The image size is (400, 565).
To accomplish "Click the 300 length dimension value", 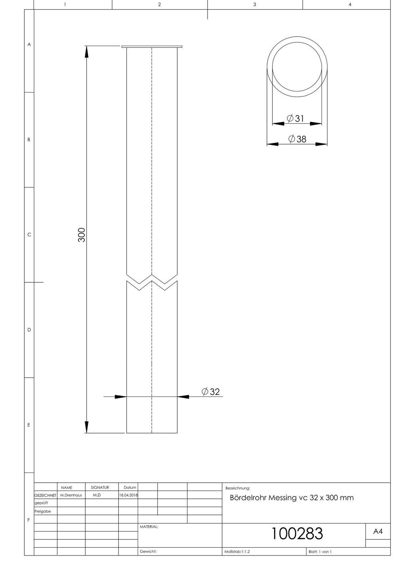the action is pos(82,235).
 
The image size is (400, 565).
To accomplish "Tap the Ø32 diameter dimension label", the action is pos(211,392).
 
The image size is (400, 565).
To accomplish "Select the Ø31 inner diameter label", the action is pos(296,118).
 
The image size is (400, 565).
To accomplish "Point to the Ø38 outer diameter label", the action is pos(297,139).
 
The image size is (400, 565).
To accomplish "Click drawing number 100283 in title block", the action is pos(297,533).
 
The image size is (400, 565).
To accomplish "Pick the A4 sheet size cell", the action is pos(378,531).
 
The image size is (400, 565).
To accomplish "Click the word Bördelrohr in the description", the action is pos(248,497).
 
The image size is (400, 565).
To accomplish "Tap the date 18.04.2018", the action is pos(128,495).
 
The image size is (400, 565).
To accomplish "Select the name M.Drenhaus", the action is pos(71,495).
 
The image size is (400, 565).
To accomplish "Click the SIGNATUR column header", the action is pos(100,487).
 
